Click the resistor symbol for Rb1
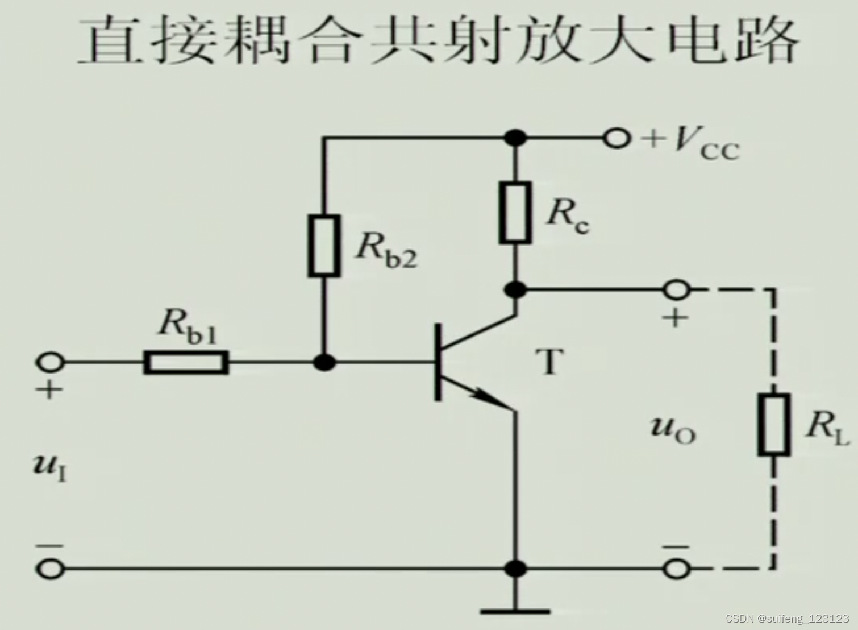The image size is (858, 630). pyautogui.click(x=186, y=362)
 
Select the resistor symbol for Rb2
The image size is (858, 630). pyautogui.click(x=324, y=246)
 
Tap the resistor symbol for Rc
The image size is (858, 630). pyautogui.click(x=515, y=213)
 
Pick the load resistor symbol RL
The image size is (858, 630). pyautogui.click(x=773, y=424)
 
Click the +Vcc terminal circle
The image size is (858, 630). pyautogui.click(x=617, y=138)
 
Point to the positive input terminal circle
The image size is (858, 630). pyautogui.click(x=51, y=362)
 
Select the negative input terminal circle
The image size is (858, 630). pyautogui.click(x=51, y=568)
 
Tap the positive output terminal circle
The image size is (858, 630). pyautogui.click(x=676, y=290)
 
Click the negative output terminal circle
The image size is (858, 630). pyautogui.click(x=676, y=568)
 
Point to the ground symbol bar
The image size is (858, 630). pyautogui.click(x=515, y=612)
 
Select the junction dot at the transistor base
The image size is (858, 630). pyautogui.click(x=324, y=362)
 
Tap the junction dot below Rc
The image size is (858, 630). pyautogui.click(x=515, y=290)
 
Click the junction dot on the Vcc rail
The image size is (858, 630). pyautogui.click(x=515, y=138)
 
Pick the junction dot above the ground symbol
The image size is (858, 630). pyautogui.click(x=515, y=568)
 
